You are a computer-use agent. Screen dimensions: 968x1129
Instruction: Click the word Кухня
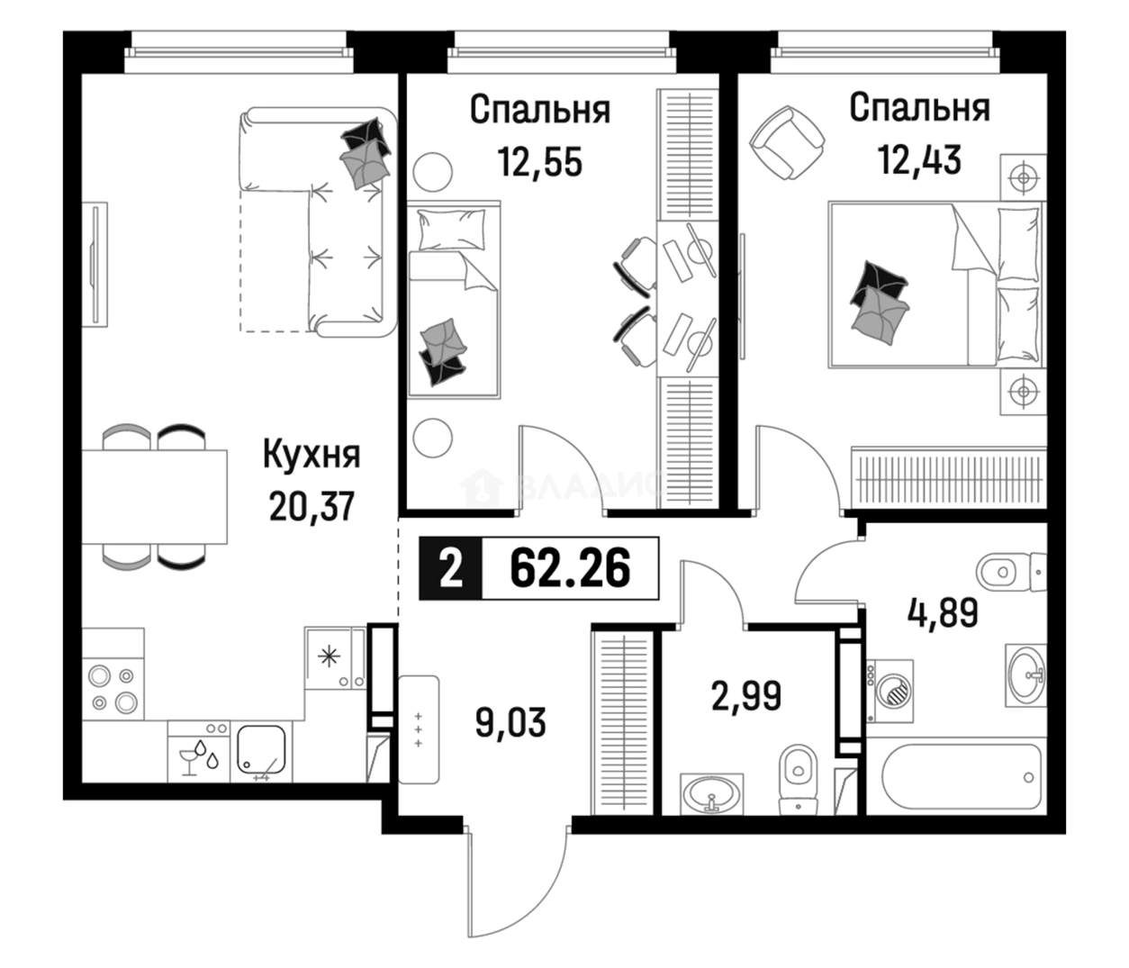pyautogui.click(x=311, y=455)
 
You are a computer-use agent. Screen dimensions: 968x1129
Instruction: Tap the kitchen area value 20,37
pyautogui.click(x=312, y=507)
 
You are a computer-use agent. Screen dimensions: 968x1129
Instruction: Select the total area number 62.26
pyautogui.click(x=570, y=568)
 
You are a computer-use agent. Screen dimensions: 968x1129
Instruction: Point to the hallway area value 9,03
pyautogui.click(x=510, y=723)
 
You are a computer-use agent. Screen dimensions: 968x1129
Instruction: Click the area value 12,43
pyautogui.click(x=919, y=160)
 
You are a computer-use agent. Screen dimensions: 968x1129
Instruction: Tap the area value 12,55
pyautogui.click(x=540, y=163)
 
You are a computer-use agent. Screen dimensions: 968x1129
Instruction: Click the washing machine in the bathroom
pyautogui.click(x=890, y=691)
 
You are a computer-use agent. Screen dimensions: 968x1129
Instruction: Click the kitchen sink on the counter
pyautogui.click(x=261, y=751)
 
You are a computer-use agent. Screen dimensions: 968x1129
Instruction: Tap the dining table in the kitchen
pyautogui.click(x=154, y=497)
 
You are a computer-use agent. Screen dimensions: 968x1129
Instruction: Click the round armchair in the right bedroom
pyautogui.click(x=787, y=142)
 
